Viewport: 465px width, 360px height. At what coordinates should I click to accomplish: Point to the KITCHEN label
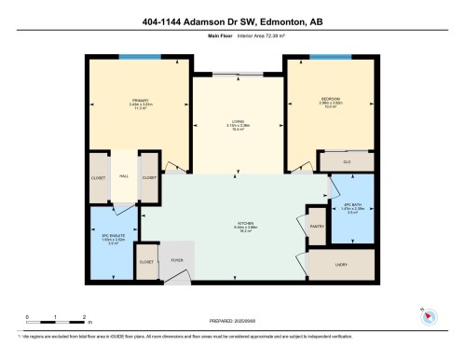(246, 224)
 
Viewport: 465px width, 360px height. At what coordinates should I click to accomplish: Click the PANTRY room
(316, 225)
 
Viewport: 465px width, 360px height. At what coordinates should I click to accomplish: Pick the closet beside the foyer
(146, 263)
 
